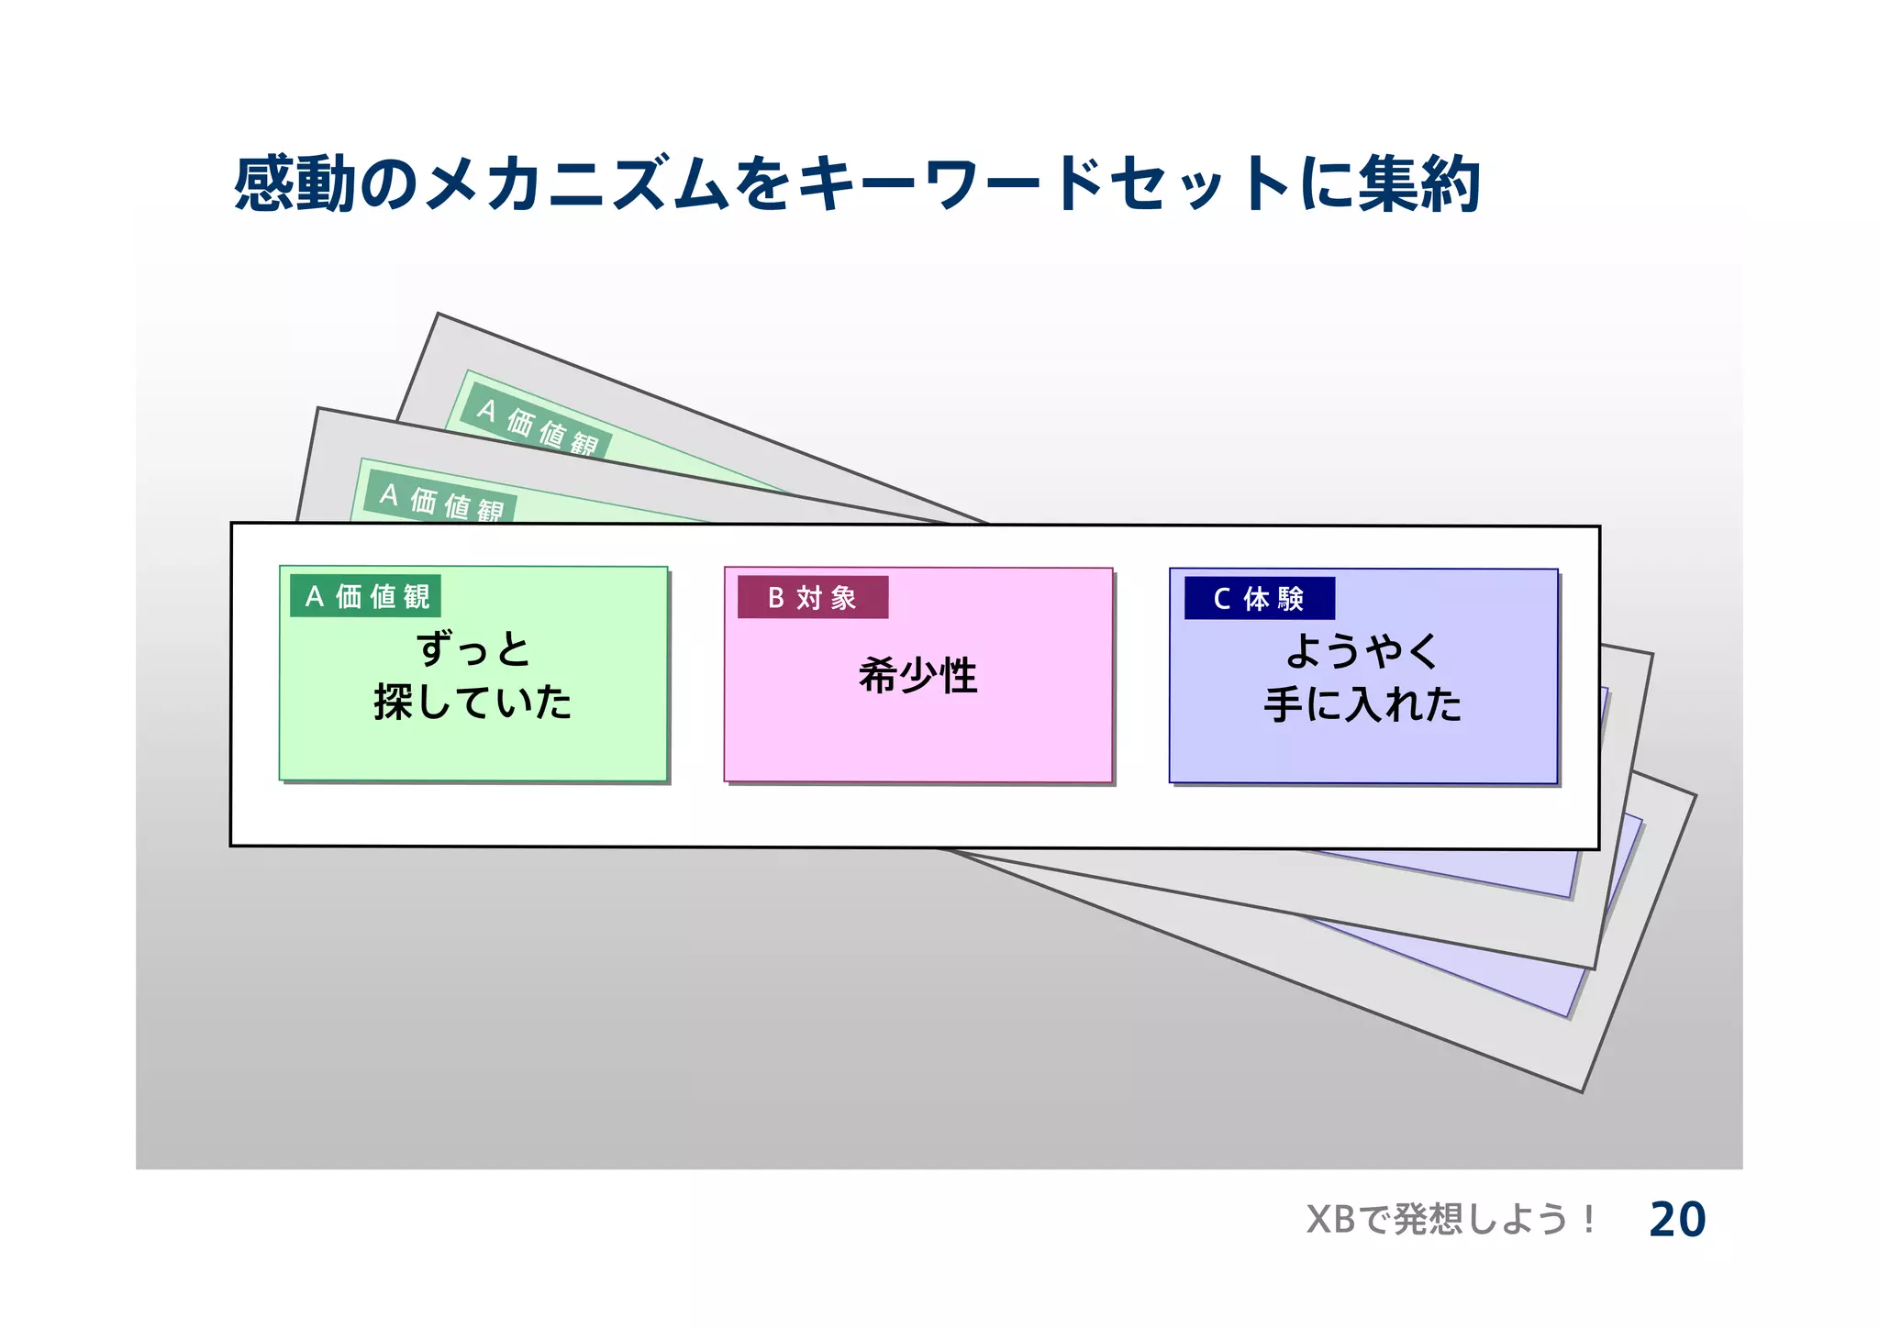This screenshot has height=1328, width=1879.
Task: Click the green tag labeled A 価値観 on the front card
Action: coord(365,596)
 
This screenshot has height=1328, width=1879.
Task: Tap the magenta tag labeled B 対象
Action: coord(813,598)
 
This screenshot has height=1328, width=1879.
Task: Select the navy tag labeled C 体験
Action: coord(1259,599)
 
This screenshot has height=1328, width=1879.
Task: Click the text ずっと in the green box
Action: coord(473,649)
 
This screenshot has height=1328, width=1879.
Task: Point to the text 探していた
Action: coord(473,703)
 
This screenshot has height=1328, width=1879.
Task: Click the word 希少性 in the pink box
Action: coord(917,676)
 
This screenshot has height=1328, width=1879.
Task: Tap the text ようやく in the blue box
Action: coord(1362,651)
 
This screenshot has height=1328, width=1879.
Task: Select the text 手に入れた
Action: coord(1362,704)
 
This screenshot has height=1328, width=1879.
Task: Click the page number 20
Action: coord(1676,1220)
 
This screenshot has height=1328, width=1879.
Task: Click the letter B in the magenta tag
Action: coord(775,598)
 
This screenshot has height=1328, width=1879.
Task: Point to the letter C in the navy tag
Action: coord(1221,599)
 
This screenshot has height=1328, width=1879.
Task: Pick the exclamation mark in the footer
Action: coord(1588,1220)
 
